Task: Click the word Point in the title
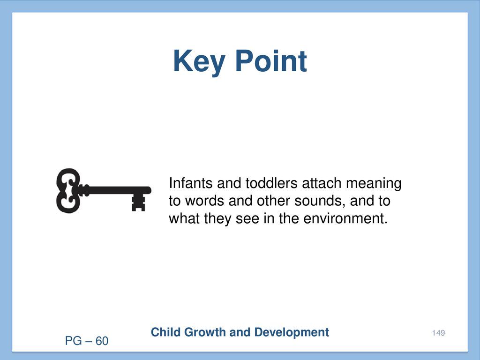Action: tap(271, 61)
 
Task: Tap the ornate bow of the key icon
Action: tap(68, 190)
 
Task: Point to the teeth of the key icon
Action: tap(138, 202)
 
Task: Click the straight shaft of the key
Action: tap(116, 190)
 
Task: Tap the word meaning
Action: tap(374, 184)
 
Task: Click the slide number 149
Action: tap(438, 333)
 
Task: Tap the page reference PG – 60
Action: tap(87, 341)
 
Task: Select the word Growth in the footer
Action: tap(205, 332)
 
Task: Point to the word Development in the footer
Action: tap(292, 333)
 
